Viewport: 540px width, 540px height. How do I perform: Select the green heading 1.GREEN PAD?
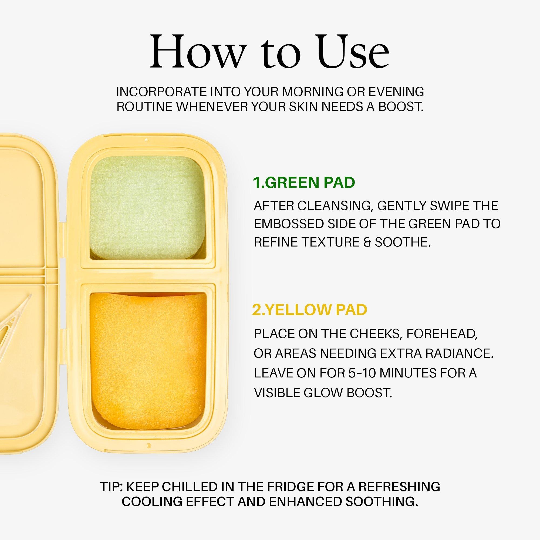coord(304,183)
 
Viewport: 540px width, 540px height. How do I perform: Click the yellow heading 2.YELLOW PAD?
coord(309,310)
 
